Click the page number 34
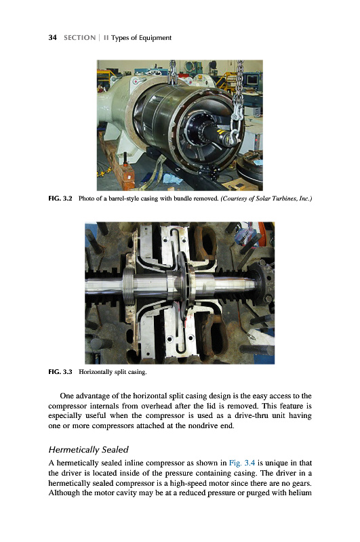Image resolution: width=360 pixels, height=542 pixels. (52, 38)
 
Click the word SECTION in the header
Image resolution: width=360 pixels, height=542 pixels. (79, 38)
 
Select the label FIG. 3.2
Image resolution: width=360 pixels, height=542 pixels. (60, 199)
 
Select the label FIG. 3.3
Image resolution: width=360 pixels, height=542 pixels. (60, 372)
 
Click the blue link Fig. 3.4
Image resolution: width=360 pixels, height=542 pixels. (242, 463)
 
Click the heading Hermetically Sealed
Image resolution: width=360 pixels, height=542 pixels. (89, 450)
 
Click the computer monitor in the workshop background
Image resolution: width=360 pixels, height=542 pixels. (252, 80)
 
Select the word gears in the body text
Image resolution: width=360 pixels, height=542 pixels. (302, 483)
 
